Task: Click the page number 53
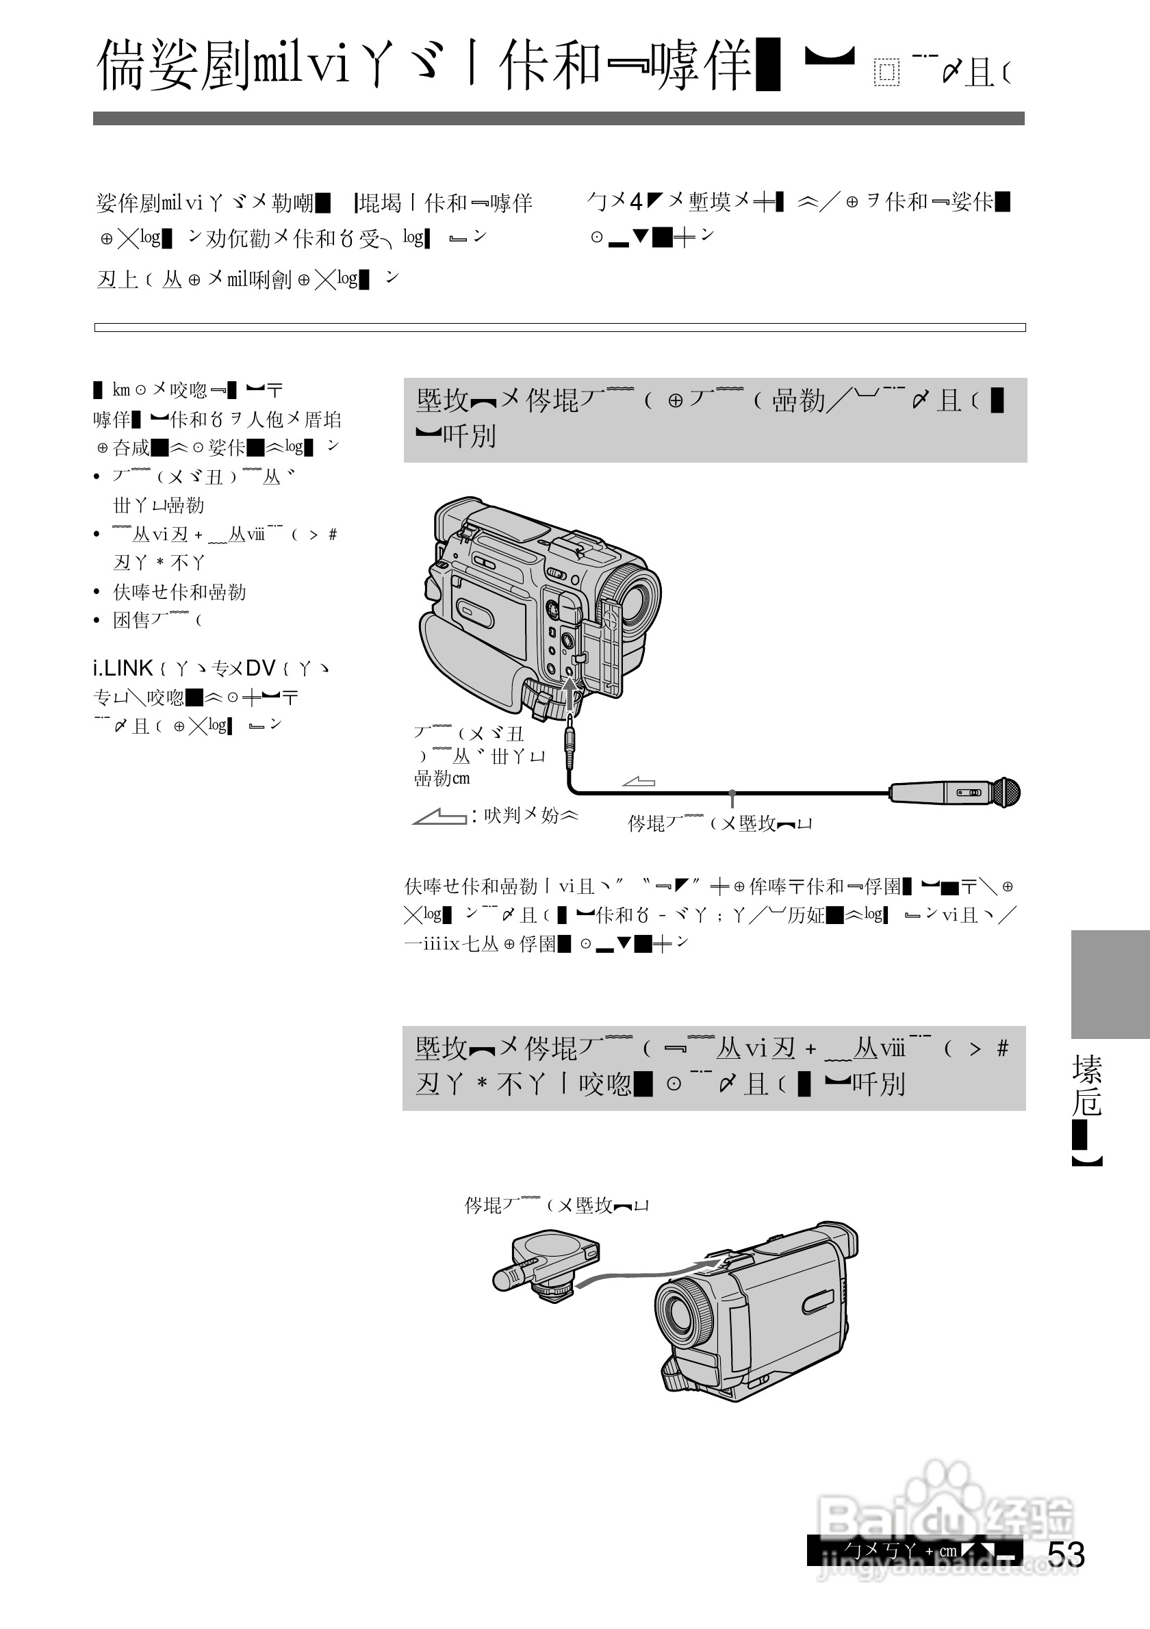click(x=1066, y=1554)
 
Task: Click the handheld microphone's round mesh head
click(x=1006, y=793)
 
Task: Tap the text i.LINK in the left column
click(x=123, y=668)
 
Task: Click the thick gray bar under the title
click(x=559, y=118)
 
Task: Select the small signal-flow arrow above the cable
click(x=639, y=782)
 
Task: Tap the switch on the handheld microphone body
click(x=969, y=793)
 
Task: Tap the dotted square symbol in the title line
click(x=886, y=73)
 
